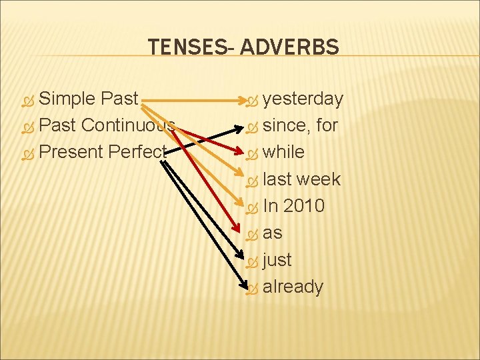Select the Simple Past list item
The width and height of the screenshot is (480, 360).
tap(89, 99)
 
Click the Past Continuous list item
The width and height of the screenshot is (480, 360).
tap(107, 125)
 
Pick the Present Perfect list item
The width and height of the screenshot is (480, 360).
tap(101, 152)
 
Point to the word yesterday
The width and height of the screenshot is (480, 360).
tap(303, 99)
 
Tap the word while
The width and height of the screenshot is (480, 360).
tap(283, 152)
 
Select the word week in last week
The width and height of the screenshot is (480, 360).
tap(319, 179)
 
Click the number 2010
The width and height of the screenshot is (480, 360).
tap(304, 206)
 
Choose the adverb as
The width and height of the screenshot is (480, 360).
tap(273, 233)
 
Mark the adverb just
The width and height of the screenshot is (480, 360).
tap(277, 260)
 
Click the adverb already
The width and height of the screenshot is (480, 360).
tap(293, 287)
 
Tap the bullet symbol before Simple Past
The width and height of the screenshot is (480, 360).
tap(27, 100)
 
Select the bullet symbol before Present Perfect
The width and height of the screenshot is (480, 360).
tap(27, 153)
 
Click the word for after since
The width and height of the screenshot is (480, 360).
tap(327, 125)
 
